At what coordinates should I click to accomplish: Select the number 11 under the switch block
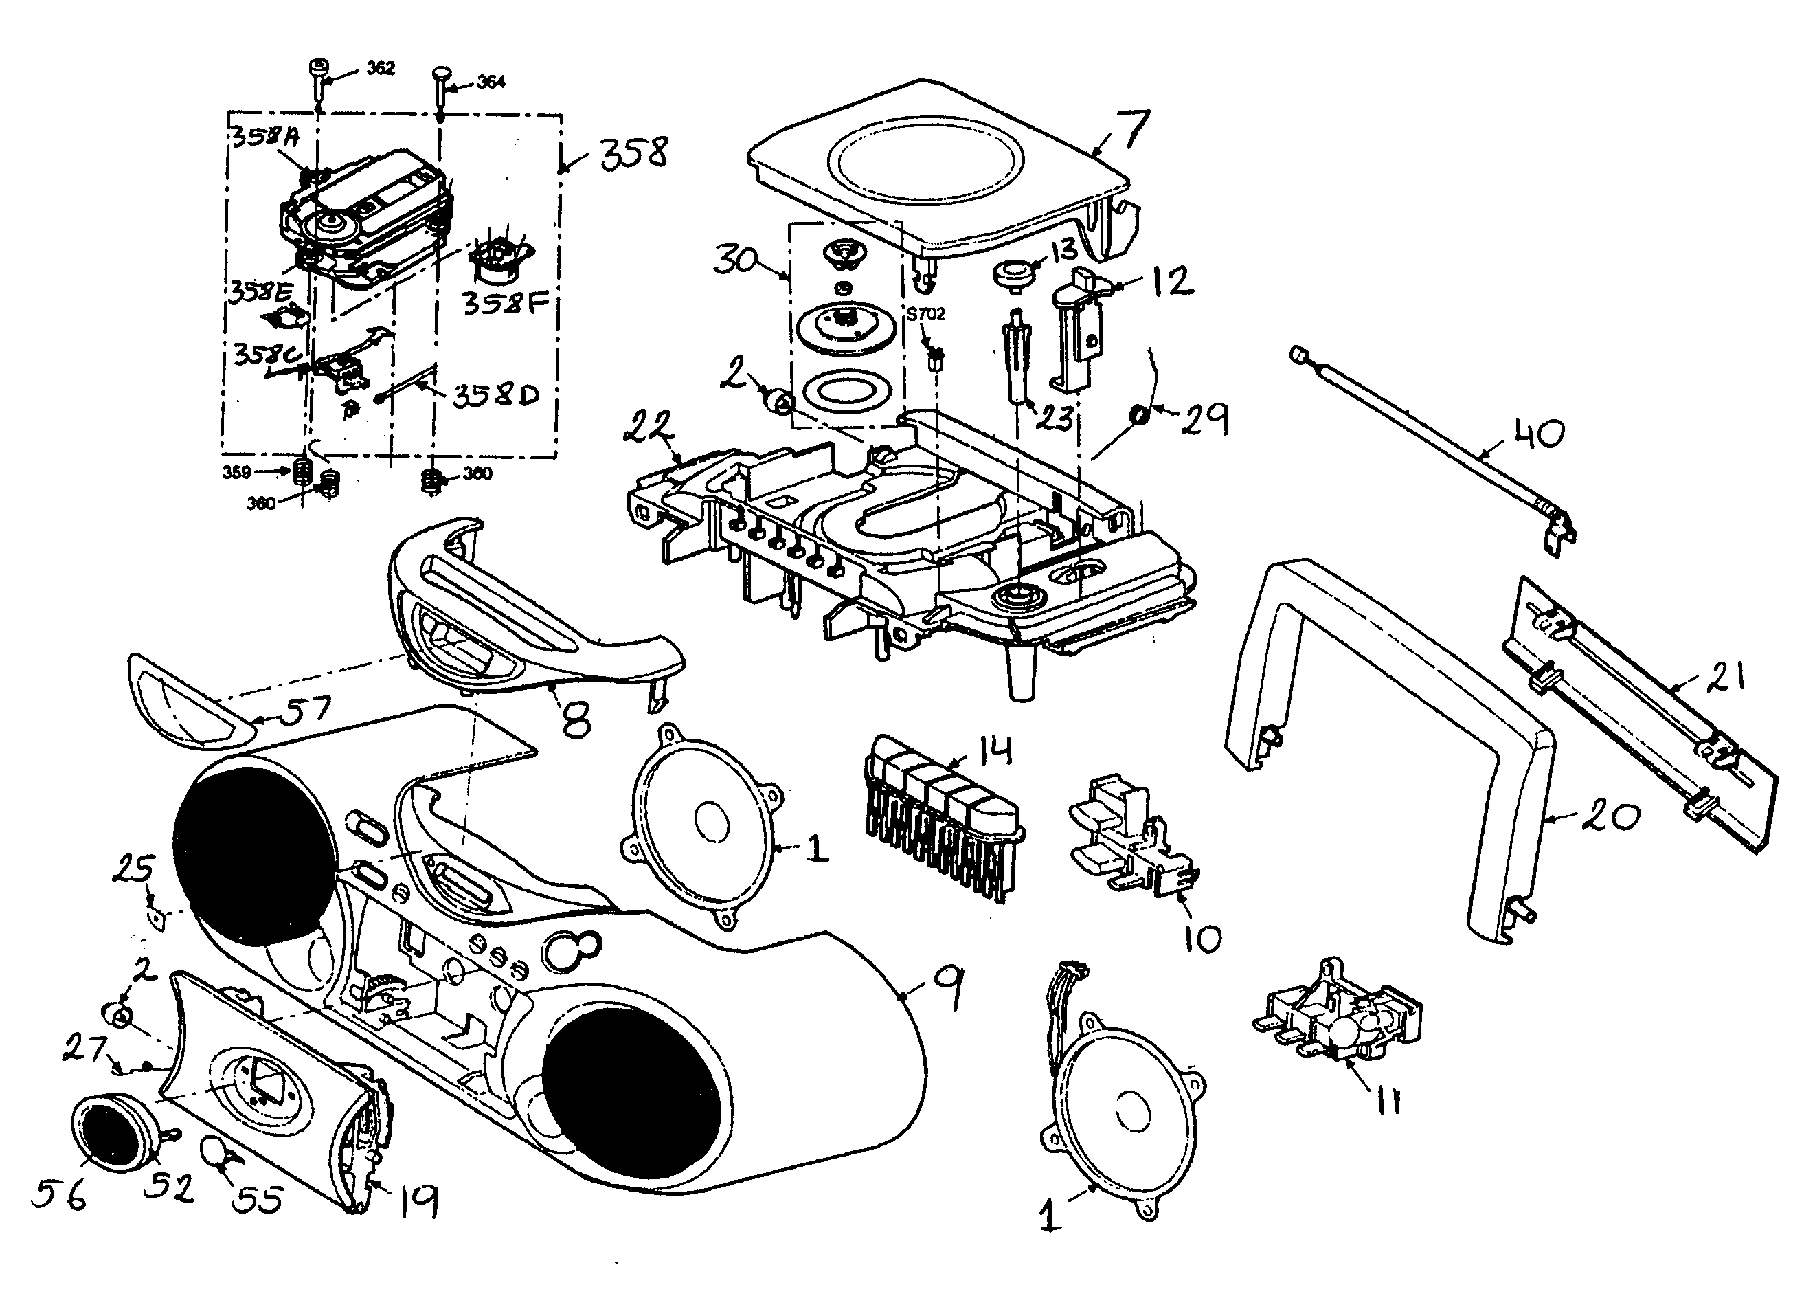point(1388,1103)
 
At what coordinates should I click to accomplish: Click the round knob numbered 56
point(112,1133)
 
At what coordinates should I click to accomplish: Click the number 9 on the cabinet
point(946,988)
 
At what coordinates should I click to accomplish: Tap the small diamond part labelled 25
point(159,918)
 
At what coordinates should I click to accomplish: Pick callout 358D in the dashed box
point(496,395)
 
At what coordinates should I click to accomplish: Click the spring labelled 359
point(302,473)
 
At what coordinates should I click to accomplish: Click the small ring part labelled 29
point(1139,415)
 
